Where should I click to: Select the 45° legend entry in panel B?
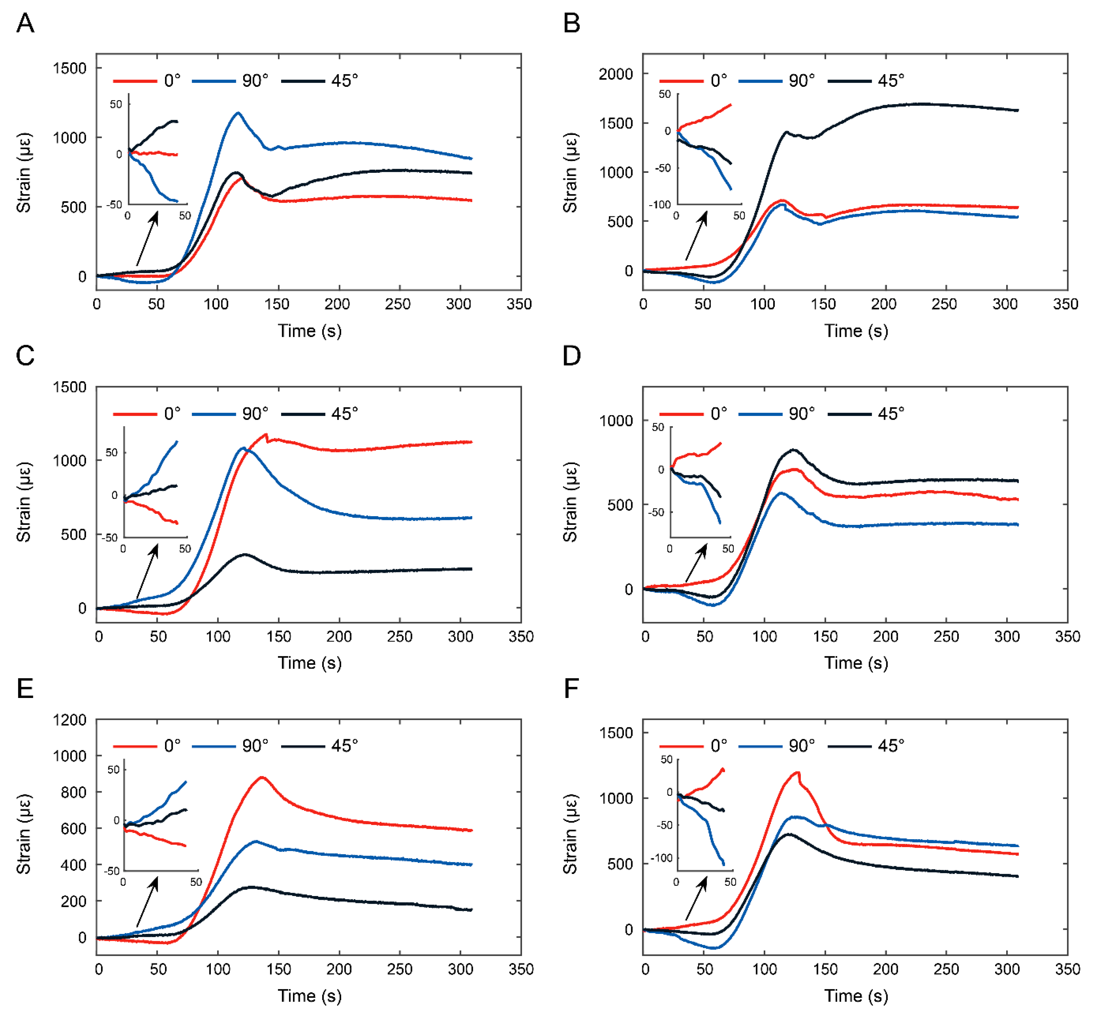[x=891, y=81]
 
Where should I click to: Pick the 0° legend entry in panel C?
[x=172, y=413]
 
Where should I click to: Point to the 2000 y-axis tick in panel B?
[x=616, y=74]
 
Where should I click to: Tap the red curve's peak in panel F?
[x=797, y=772]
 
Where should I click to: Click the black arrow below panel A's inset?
[x=147, y=239]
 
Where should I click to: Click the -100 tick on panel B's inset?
[x=660, y=204]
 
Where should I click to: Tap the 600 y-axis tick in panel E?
[x=74, y=829]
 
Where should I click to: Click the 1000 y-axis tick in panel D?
[x=616, y=421]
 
